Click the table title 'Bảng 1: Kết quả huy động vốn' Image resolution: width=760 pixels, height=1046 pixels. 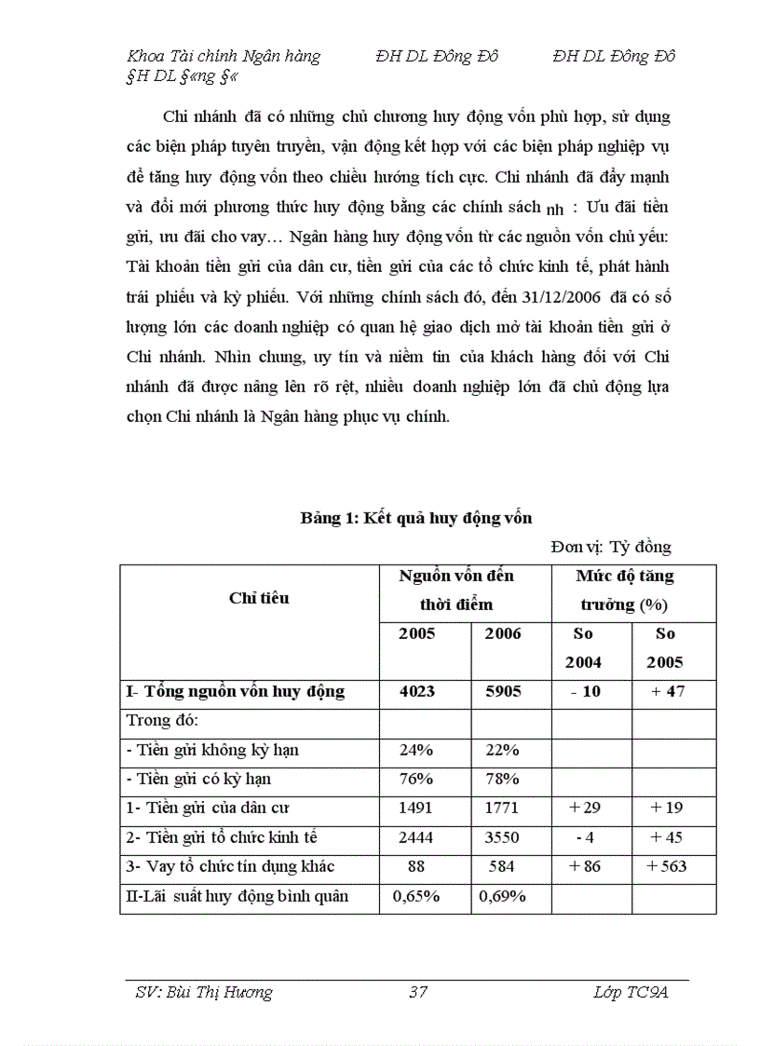pos(415,518)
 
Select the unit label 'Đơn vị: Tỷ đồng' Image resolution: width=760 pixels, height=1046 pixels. pos(610,547)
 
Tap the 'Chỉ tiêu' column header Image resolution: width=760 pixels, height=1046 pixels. pos(259,598)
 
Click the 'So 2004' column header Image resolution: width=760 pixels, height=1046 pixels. pos(586,647)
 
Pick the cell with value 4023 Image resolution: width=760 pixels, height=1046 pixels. pos(417,691)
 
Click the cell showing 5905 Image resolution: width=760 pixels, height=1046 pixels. pos(503,691)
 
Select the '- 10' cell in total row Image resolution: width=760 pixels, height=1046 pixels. pos(586,691)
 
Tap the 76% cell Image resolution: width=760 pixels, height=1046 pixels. pos(417,779)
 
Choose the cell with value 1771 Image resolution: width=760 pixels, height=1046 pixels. pos(503,808)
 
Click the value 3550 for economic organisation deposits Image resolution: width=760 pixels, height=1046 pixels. pos(503,837)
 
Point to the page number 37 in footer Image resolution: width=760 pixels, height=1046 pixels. pos(418,992)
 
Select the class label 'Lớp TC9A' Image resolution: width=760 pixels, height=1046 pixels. pos(631,992)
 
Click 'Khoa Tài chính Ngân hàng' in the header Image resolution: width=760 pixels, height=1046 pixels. pos(224,56)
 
